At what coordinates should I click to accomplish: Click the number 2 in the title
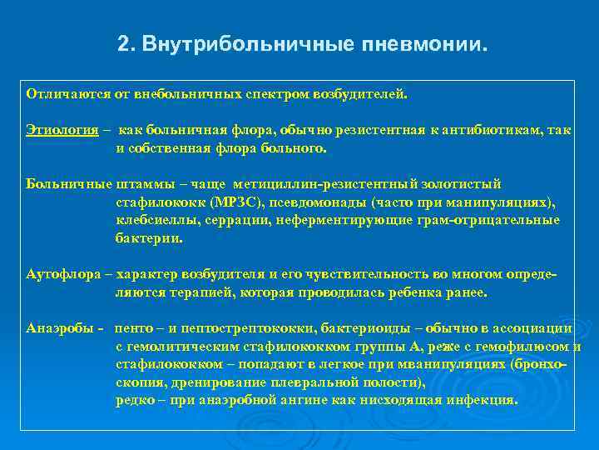click(x=124, y=42)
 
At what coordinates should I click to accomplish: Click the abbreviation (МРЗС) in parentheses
click(x=221, y=202)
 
